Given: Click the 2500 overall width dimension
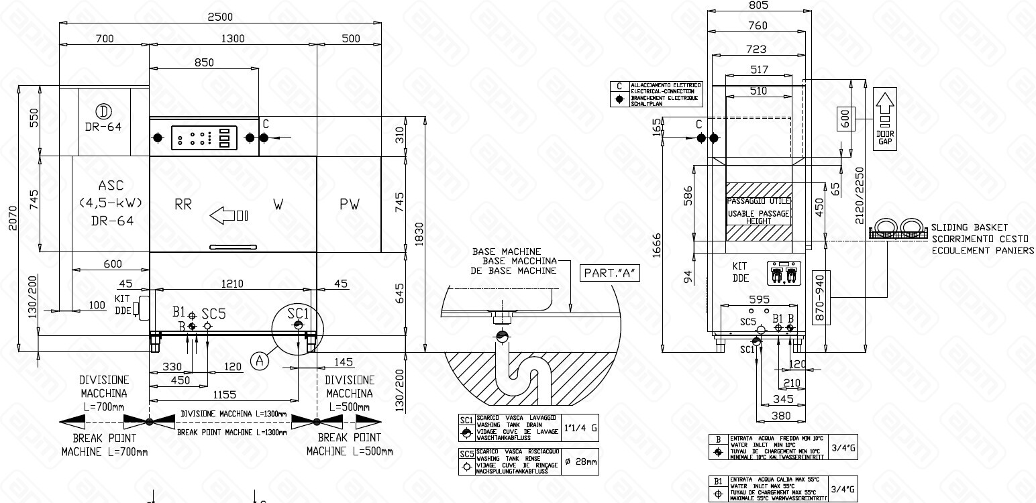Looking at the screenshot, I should pyautogui.click(x=221, y=16).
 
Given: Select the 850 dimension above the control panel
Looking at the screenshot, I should pyautogui.click(x=204, y=62).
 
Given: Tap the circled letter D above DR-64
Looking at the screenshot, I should pyautogui.click(x=103, y=111).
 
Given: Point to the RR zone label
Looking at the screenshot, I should pyautogui.click(x=183, y=205).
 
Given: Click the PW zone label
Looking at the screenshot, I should pyautogui.click(x=349, y=205).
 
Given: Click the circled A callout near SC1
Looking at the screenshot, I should pyautogui.click(x=260, y=360).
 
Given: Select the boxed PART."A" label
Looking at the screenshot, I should pyautogui.click(x=609, y=273).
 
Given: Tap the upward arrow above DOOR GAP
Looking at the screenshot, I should pyautogui.click(x=885, y=104).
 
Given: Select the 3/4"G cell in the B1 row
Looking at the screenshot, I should pyautogui.click(x=843, y=489).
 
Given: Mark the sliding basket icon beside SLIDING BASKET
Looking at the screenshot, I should pyautogui.click(x=898, y=229).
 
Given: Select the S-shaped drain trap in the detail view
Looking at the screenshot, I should pyautogui.click(x=523, y=372).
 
